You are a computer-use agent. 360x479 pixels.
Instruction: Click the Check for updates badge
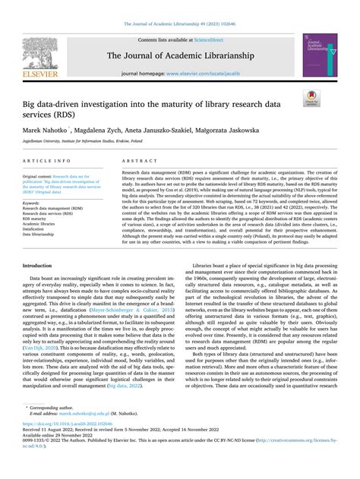[311, 98]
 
